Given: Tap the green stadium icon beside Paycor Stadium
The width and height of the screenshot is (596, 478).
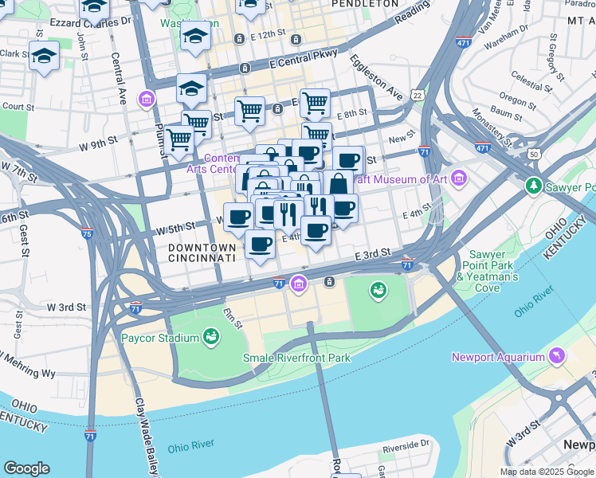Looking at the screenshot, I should point(211,337).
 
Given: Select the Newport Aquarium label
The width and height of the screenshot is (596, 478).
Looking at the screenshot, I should point(496,357).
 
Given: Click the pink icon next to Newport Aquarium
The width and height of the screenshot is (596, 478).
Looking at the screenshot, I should point(555,357).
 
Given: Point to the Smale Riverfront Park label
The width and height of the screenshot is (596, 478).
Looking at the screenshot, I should point(296,358).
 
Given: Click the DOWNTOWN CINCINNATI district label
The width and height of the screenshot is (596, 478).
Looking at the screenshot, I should point(202,253).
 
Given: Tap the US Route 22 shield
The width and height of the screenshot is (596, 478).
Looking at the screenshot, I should point(418,95).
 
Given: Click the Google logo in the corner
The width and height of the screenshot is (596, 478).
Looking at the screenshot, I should point(26,468).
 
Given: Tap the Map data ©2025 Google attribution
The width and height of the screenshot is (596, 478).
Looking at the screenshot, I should point(547,472).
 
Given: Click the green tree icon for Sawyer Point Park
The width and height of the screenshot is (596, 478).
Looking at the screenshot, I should point(533,186).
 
